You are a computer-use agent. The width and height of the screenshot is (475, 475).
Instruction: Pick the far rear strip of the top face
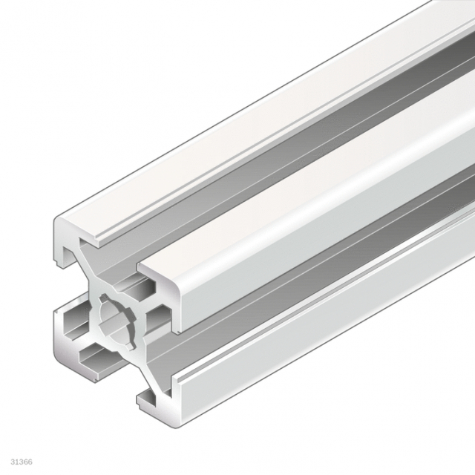click(x=260, y=96)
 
